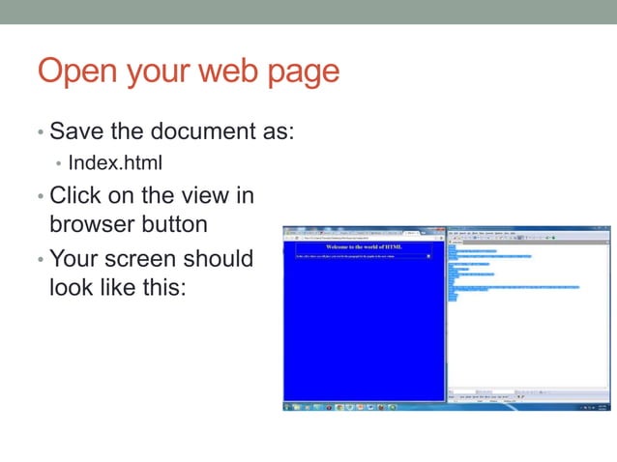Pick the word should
[219, 258]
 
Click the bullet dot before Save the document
[40, 131]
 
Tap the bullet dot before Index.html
[59, 161]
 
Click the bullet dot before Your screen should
[40, 259]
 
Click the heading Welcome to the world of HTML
[364, 247]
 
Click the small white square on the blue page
[428, 256]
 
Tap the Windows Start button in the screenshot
[287, 406]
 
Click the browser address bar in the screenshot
[358, 238]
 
